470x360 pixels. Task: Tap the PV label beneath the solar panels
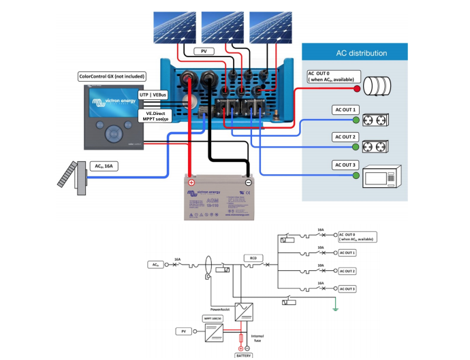(203, 52)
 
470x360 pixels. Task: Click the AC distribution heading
(362, 53)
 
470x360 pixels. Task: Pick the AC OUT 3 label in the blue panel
(345, 165)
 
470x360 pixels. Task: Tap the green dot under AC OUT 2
(354, 146)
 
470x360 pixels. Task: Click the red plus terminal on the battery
(191, 182)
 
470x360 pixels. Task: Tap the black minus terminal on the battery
(249, 182)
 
